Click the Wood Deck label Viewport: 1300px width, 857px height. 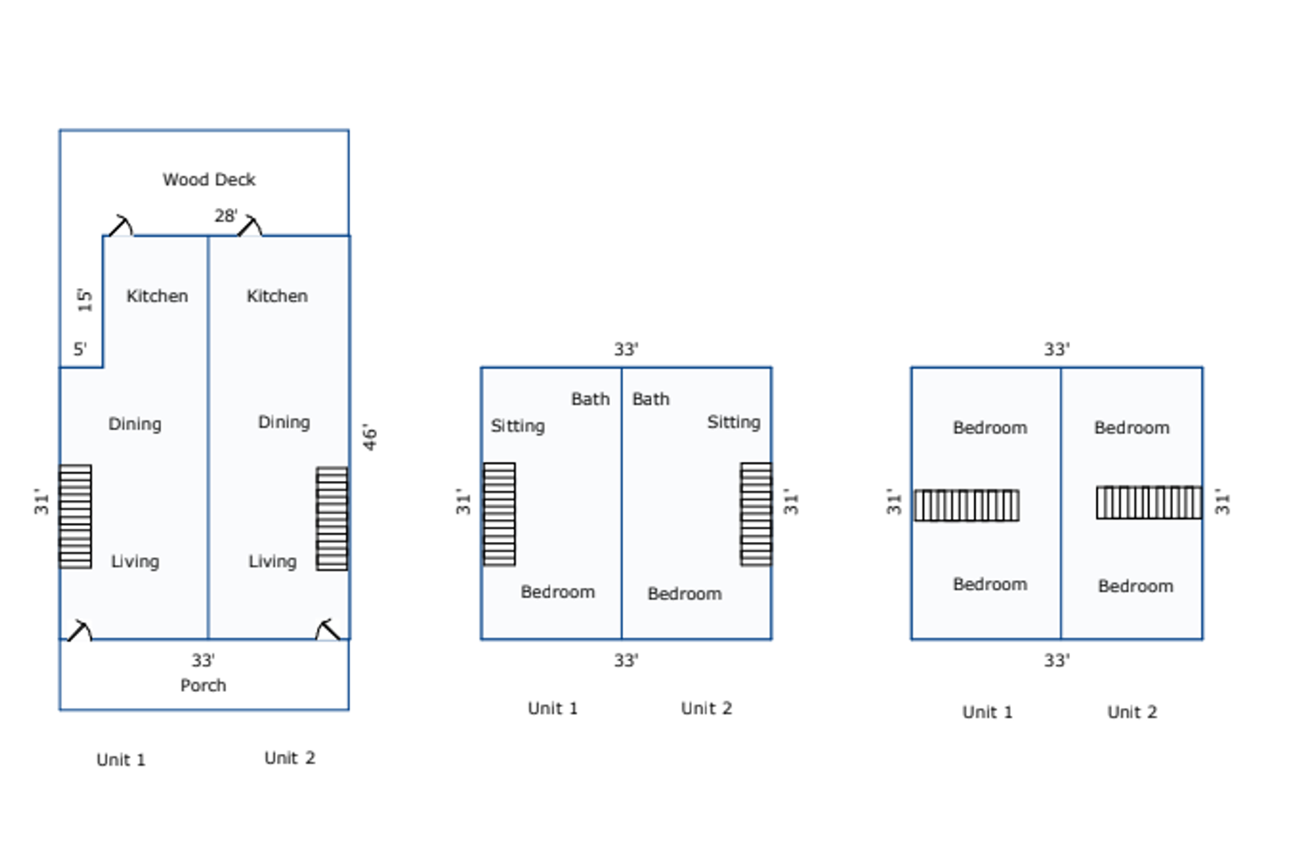(209, 180)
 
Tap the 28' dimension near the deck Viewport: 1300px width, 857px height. (225, 216)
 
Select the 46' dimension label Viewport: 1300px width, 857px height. (370, 437)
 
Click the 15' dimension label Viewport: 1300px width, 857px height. (85, 300)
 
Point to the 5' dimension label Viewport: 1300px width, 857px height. (80, 349)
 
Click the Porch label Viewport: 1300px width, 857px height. (203, 686)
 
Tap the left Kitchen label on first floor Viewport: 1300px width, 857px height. (157, 296)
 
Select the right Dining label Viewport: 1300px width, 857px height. (283, 422)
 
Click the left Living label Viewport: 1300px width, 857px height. (135, 562)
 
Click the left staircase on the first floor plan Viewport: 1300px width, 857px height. (75, 517)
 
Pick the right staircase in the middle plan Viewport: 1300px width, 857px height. (756, 514)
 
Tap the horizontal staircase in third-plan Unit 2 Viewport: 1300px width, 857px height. (1148, 502)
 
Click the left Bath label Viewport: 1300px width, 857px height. (590, 399)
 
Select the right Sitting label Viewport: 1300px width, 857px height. (733, 422)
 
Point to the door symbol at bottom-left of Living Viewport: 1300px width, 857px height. (79, 631)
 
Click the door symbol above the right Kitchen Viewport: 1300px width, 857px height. (250, 226)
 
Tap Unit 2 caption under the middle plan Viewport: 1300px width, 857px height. (706, 709)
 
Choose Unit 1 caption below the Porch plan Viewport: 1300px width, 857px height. (121, 760)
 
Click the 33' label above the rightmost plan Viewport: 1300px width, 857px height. (1056, 349)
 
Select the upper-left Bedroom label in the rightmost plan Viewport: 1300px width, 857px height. (990, 428)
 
